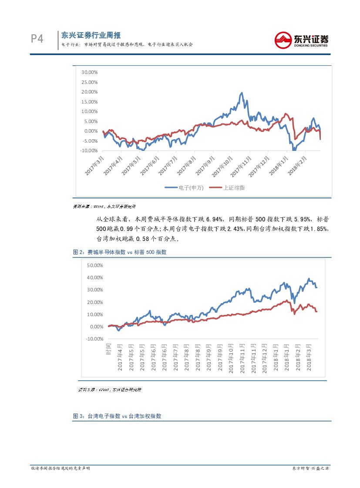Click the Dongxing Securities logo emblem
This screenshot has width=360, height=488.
tap(284, 40)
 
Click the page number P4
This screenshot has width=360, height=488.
tap(37, 39)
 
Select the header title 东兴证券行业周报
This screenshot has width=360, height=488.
tap(91, 35)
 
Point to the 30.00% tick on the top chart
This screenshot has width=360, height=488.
tap(89, 72)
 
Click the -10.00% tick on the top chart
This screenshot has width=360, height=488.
tap(89, 150)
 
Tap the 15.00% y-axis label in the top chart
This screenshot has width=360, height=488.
tap(89, 102)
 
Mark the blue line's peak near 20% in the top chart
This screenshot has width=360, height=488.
tap(242, 93)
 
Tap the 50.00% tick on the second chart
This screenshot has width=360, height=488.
tap(95, 265)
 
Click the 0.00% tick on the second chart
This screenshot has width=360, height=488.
tap(96, 327)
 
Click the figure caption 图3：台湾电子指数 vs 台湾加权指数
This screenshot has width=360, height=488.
tap(117, 416)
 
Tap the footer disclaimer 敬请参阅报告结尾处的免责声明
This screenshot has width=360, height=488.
tap(61, 468)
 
